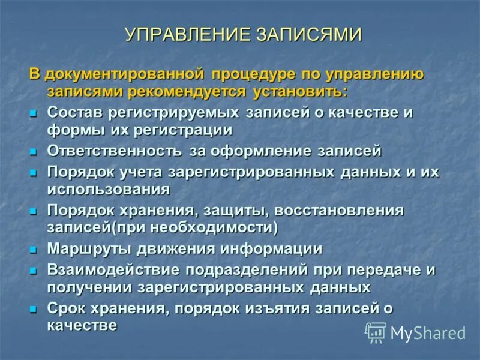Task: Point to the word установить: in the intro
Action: [x=299, y=92]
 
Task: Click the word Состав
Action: [x=74, y=112]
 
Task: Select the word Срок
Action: [x=67, y=308]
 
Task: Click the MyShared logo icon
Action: [x=376, y=332]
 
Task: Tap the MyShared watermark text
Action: [x=428, y=333]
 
